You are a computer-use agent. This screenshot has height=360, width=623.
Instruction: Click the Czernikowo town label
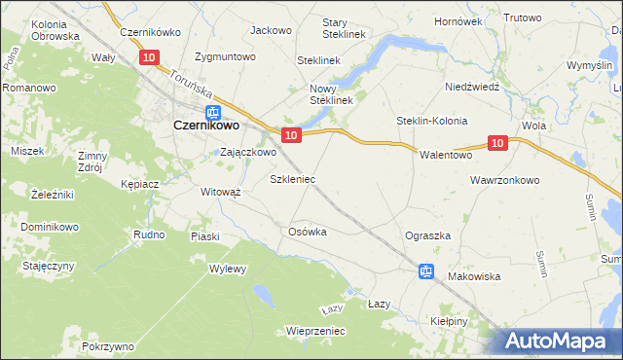click(207, 126)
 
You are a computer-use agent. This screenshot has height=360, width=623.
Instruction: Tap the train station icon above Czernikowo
click(213, 111)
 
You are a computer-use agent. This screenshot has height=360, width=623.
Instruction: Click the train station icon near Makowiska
click(425, 271)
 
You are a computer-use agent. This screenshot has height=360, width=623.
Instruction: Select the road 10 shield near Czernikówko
click(148, 58)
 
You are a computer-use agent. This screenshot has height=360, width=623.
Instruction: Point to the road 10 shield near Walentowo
click(497, 143)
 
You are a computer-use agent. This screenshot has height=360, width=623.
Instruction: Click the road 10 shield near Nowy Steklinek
click(290, 133)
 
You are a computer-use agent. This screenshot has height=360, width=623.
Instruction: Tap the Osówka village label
click(307, 232)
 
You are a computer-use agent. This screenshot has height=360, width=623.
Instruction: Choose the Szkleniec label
click(291, 180)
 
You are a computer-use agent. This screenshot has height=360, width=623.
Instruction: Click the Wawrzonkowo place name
click(504, 180)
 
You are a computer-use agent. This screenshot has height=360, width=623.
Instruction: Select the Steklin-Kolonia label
click(431, 121)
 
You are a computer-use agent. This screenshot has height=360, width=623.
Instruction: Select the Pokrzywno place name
click(108, 346)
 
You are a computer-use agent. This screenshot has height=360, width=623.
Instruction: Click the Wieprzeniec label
click(315, 331)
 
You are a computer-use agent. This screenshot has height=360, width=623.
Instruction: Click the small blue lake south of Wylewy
click(262, 293)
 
